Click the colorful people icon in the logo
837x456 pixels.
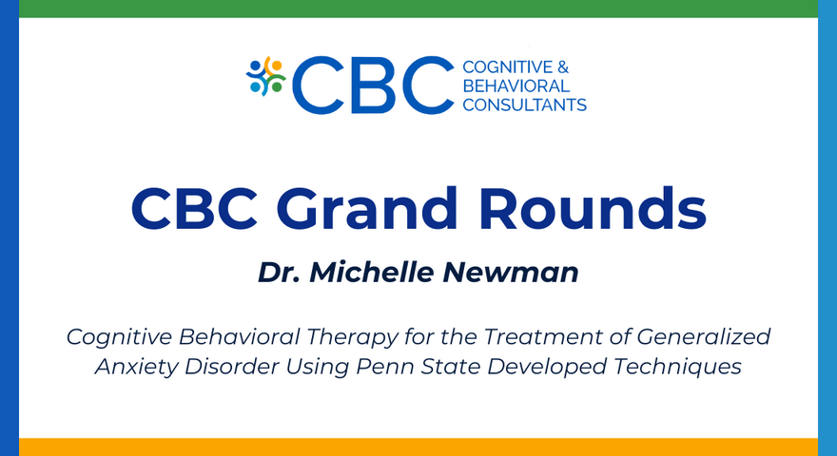(266, 77)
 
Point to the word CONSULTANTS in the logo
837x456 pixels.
(524, 104)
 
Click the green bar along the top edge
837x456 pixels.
(418, 9)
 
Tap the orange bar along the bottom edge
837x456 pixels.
(418, 446)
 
